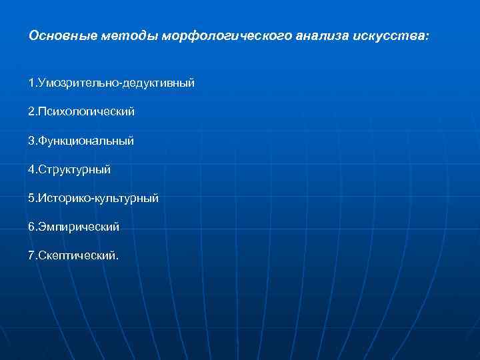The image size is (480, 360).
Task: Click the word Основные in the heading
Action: click(65, 35)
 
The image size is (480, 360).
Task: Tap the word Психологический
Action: click(87, 112)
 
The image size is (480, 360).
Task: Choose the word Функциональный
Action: click(87, 141)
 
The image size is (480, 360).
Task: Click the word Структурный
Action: click(75, 169)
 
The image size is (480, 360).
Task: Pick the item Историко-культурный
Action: click(99, 198)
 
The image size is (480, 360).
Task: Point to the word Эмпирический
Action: click(79, 227)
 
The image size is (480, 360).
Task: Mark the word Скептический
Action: click(77, 255)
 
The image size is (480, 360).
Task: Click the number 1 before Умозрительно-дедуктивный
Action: click(31, 83)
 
